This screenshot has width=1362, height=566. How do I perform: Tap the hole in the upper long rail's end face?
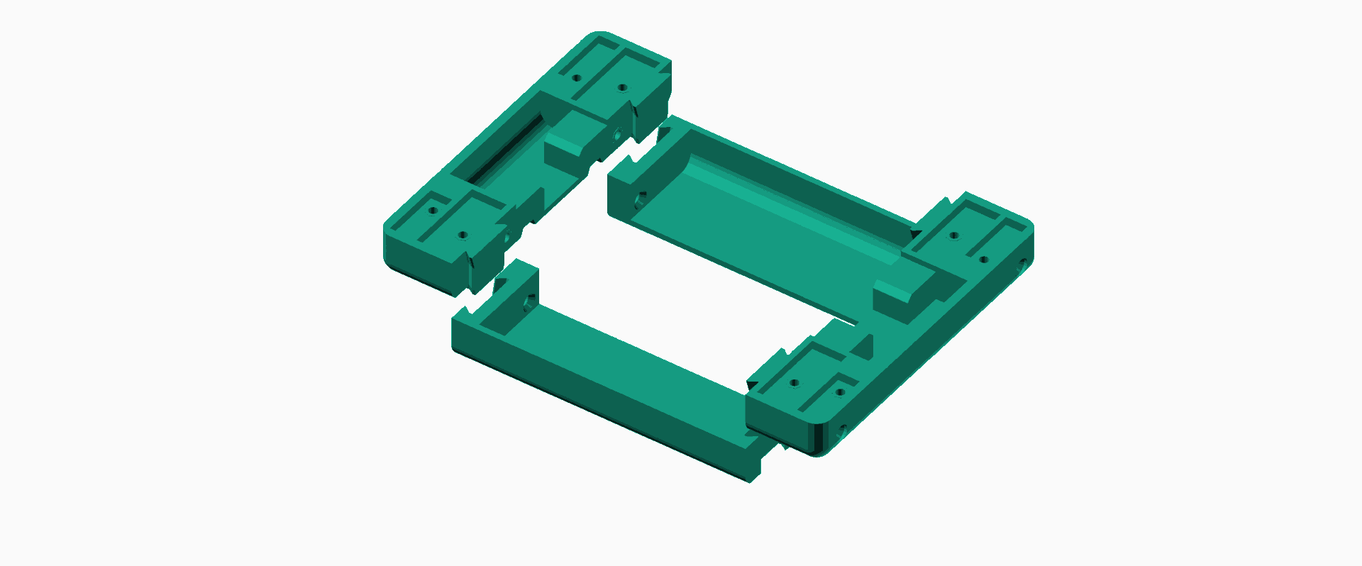click(640, 200)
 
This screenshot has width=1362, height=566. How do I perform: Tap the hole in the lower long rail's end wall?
click(528, 304)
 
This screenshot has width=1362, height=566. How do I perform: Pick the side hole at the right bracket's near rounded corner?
click(842, 429)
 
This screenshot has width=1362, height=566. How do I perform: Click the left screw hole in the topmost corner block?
click(577, 77)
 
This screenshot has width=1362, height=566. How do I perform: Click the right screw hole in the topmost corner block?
click(622, 88)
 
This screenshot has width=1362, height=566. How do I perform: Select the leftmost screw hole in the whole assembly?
click(431, 210)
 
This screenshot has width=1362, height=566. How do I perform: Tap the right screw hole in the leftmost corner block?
click(463, 235)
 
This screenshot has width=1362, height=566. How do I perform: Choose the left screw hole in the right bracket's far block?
click(954, 235)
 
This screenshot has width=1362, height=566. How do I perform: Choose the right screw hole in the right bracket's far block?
click(983, 260)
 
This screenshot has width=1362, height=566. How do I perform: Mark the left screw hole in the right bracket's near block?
click(794, 383)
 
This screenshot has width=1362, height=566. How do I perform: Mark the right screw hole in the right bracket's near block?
click(840, 392)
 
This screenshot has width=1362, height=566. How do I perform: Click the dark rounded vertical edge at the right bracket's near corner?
click(820, 440)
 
